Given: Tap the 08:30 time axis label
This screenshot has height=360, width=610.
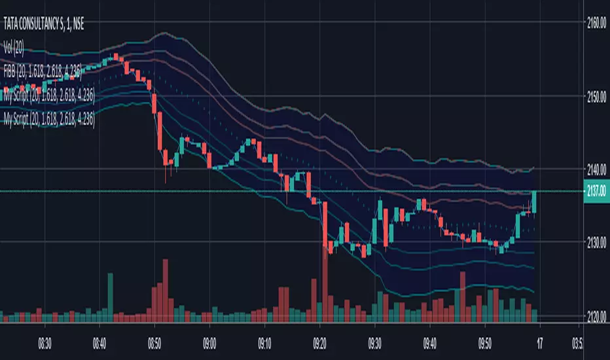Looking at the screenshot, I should [45, 342].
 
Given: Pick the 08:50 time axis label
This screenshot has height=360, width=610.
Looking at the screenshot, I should [154, 342].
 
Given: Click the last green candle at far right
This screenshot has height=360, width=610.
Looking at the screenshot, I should [534, 202].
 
